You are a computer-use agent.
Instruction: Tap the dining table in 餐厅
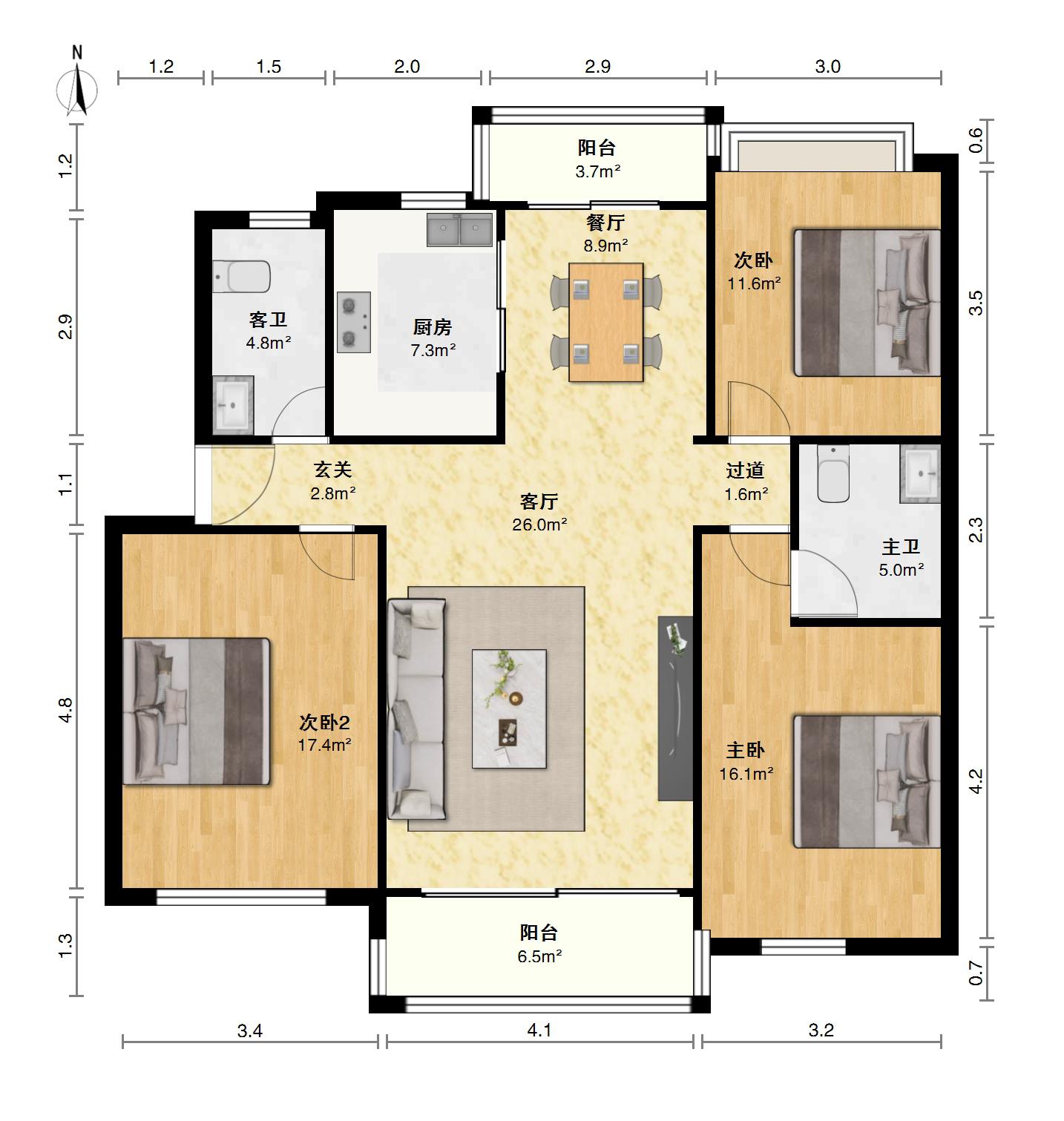click(605, 323)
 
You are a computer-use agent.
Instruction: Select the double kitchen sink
click(459, 230)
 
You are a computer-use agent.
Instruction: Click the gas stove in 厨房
click(354, 322)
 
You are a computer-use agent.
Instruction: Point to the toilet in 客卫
click(242, 276)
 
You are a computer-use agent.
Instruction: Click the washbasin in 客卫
click(233, 405)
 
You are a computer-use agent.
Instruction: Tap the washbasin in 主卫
click(920, 474)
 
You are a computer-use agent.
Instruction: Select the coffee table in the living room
click(509, 709)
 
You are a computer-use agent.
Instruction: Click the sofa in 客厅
click(416, 709)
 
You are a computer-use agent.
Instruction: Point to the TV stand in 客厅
click(675, 709)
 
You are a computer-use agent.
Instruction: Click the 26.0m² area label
click(539, 525)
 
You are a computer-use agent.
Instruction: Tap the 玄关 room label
click(332, 470)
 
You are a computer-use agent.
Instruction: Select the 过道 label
click(745, 470)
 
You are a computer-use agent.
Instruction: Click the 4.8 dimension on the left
click(66, 710)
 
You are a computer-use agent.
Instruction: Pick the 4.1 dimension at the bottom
click(539, 1030)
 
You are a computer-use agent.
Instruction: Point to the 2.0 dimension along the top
click(407, 67)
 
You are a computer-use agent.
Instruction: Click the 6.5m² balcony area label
click(539, 956)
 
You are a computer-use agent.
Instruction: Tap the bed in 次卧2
click(196, 711)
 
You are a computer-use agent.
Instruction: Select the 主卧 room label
click(746, 751)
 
